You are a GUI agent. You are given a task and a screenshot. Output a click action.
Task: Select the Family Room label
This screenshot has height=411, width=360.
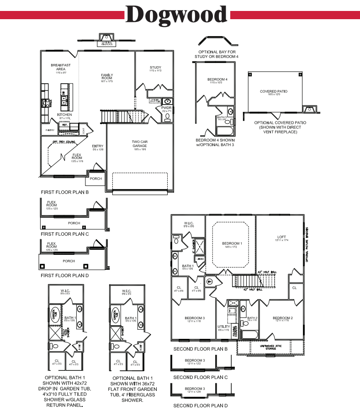(106, 77)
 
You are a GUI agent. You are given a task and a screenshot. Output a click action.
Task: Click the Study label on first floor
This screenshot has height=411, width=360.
(155, 68)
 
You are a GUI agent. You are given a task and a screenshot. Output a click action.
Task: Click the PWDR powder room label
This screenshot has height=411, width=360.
(165, 108)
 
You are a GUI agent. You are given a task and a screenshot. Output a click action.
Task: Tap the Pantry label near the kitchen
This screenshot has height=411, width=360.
(50, 130)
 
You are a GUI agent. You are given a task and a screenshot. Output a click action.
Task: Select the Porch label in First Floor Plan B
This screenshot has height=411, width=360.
(96, 179)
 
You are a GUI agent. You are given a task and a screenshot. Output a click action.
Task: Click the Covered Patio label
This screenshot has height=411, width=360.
(274, 91)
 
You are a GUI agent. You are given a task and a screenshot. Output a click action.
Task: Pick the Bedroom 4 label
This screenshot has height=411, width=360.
(218, 79)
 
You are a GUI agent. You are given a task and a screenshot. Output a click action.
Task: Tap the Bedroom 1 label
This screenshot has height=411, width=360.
(232, 243)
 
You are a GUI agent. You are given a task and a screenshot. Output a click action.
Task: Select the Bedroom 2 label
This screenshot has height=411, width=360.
(282, 318)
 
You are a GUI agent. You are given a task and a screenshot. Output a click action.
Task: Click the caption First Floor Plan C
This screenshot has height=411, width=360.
(64, 234)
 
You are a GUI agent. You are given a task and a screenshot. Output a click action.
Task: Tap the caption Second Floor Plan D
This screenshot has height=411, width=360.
(200, 405)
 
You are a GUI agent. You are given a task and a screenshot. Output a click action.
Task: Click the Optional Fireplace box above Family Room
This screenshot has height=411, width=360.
(106, 43)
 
